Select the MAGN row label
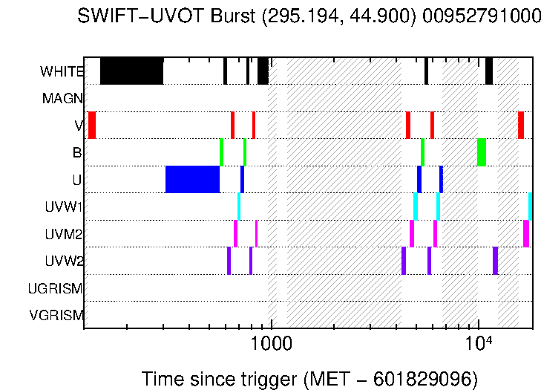[x=62, y=98]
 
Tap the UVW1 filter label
[x=64, y=207]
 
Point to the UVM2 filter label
[x=64, y=235]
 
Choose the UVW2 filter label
[x=64, y=261]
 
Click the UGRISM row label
[x=56, y=288]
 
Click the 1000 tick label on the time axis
[x=272, y=345]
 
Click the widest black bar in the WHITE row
[x=131, y=71]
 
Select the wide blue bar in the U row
[x=192, y=180]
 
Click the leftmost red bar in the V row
[x=92, y=125]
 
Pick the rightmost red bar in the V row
[x=521, y=125]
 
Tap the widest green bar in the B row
[x=482, y=152]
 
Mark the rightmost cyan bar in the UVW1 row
[x=530, y=207]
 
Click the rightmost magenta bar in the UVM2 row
[x=526, y=234]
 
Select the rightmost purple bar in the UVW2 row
[x=495, y=261]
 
